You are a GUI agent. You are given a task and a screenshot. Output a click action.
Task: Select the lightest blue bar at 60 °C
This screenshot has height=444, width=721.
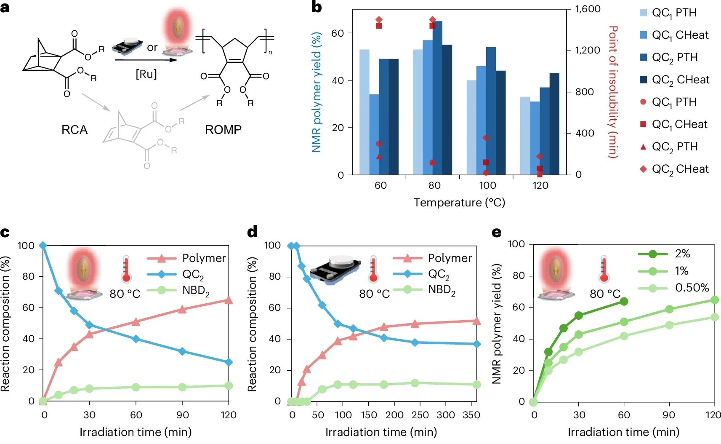[364, 112]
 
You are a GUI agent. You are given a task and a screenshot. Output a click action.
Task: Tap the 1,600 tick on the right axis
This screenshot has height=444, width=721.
[588, 9]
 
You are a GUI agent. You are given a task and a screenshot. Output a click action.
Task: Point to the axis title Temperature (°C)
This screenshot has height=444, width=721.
[459, 203]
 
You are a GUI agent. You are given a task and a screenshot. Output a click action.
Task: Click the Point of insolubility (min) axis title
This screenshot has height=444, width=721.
[613, 92]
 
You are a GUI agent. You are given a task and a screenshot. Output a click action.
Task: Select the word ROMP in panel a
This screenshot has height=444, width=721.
[223, 130]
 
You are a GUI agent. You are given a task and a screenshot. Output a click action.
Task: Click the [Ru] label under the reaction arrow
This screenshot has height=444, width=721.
[146, 74]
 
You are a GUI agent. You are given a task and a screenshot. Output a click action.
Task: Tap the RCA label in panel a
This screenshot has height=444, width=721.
[74, 130]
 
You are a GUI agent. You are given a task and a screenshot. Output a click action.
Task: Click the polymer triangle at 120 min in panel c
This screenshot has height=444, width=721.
[229, 300]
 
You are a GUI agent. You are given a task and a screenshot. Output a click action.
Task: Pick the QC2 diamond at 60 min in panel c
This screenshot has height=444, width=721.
[136, 339]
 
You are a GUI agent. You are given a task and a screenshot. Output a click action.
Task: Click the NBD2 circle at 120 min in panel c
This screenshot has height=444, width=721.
[229, 385]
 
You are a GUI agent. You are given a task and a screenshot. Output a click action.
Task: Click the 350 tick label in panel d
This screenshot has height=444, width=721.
[471, 415]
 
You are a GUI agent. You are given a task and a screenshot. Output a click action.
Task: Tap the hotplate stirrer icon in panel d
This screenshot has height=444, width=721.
[335, 270]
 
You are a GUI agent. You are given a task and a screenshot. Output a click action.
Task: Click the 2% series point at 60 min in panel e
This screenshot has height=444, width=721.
[624, 301]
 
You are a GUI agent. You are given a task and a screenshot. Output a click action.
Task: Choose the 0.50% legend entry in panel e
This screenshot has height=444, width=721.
[673, 288]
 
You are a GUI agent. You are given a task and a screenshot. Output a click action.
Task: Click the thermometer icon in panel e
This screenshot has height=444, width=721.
[604, 269]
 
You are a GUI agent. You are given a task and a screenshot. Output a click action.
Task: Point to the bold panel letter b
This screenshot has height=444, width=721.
[317, 7]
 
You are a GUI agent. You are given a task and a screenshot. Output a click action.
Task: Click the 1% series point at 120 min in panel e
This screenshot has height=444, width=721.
[714, 300]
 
